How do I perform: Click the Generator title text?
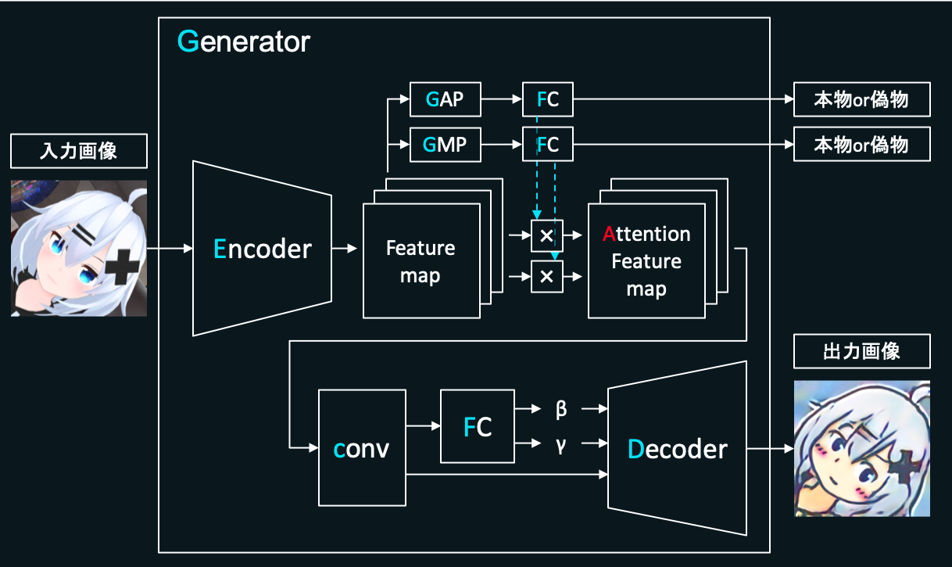coord(244,41)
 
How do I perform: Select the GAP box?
coord(445,99)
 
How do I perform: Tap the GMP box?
coord(445,145)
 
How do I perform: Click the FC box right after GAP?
coord(547,99)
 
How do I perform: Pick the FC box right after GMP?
coord(547,145)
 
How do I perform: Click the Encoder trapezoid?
coord(262,249)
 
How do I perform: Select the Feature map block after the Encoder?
coord(421,260)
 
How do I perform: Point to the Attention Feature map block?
coord(646,260)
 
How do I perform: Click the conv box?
coord(362,448)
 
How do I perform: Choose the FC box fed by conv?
coord(478,426)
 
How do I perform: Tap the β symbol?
coord(560,409)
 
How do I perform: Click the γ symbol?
coord(560,443)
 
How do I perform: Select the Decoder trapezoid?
coord(678,449)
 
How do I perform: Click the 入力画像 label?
coord(78,151)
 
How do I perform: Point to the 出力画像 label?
coord(862,351)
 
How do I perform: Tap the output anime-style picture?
coord(862,449)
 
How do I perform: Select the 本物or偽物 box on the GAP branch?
coord(862,99)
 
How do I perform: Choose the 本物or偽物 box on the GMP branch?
coord(862,145)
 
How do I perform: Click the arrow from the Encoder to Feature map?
coord(344,249)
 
